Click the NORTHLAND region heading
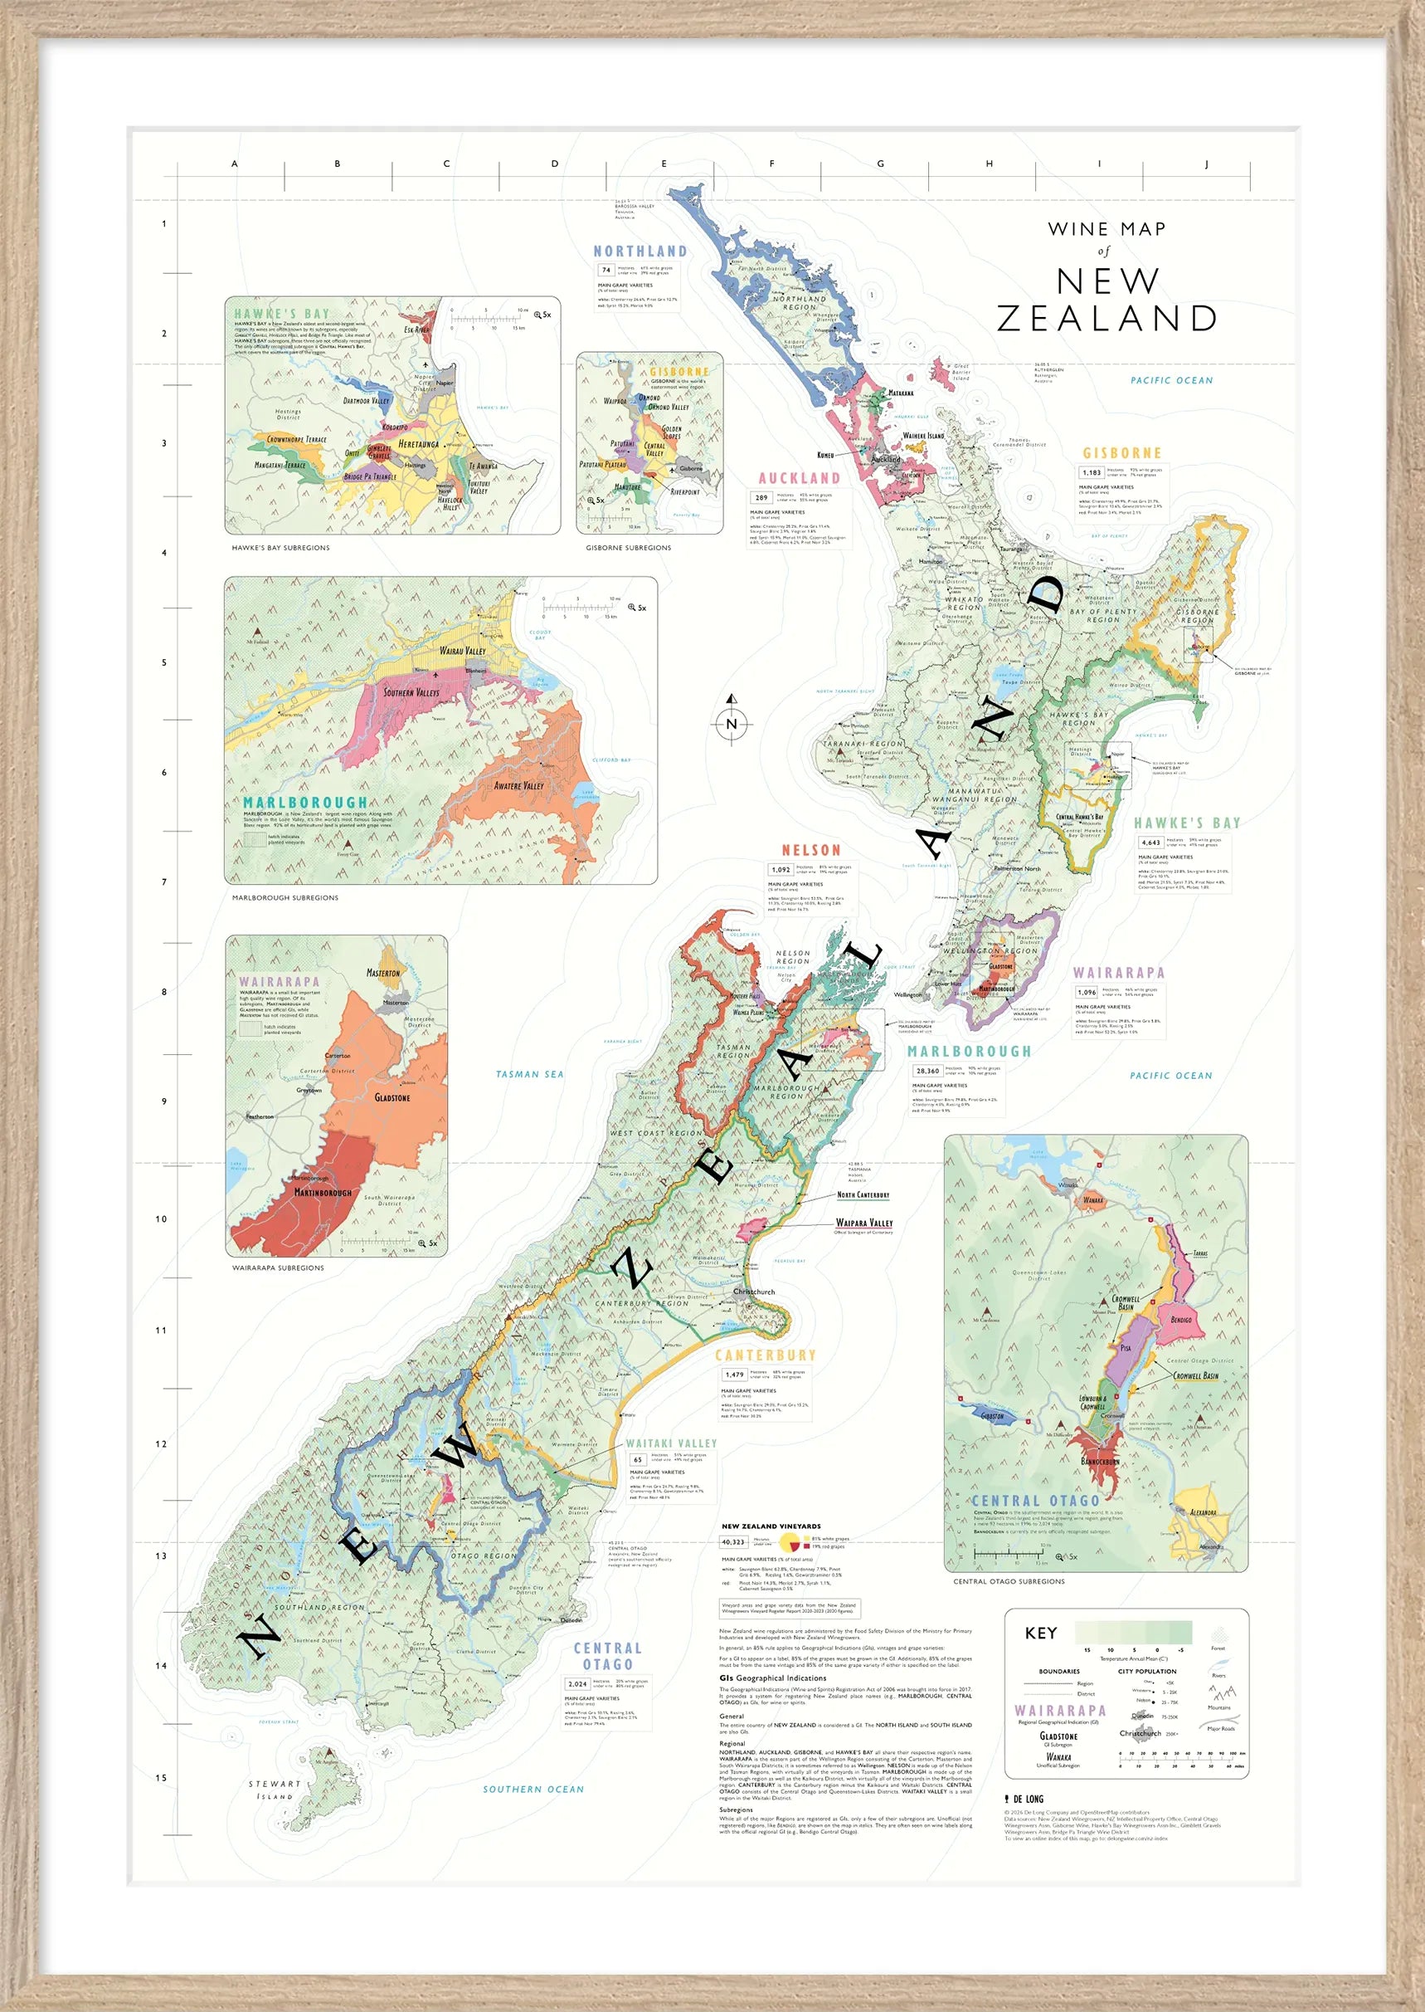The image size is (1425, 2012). pyautogui.click(x=640, y=251)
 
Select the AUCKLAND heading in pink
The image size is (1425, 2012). pyautogui.click(x=799, y=478)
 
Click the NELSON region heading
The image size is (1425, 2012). pyautogui.click(x=810, y=850)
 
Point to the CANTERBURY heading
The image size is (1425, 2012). pyautogui.click(x=765, y=1355)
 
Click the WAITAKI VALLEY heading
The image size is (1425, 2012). pyautogui.click(x=671, y=1443)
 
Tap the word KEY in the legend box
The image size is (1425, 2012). pyautogui.click(x=1041, y=1633)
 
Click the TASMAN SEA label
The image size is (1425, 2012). pyautogui.click(x=529, y=1074)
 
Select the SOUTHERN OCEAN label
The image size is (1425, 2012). pyautogui.click(x=533, y=1789)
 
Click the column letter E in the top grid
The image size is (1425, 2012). pyautogui.click(x=664, y=164)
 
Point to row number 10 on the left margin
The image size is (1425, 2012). pyautogui.click(x=162, y=1219)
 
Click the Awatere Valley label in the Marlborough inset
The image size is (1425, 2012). pyautogui.click(x=518, y=786)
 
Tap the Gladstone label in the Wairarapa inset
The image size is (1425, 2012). pyautogui.click(x=392, y=1097)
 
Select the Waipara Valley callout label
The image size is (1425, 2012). pyautogui.click(x=863, y=1223)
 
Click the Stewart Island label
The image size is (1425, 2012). pyautogui.click(x=275, y=1790)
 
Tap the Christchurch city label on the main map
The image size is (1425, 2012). pyautogui.click(x=754, y=1292)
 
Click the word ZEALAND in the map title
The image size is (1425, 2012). pyautogui.click(x=1106, y=319)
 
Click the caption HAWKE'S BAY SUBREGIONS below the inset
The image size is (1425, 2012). pyautogui.click(x=281, y=548)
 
